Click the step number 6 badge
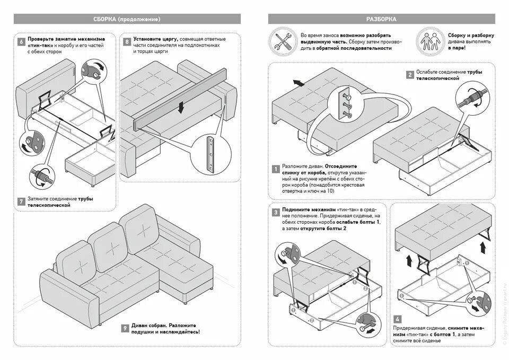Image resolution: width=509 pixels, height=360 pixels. coord(21,41)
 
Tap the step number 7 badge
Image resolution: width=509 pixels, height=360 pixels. coord(21,201)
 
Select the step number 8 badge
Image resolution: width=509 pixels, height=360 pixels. coord(127,41)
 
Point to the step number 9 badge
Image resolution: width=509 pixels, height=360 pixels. coord(125,329)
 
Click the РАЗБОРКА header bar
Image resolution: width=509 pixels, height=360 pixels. coord(381,19)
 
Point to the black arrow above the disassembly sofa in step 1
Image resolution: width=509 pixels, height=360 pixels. coord(297,83)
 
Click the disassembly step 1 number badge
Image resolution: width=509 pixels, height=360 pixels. coord(276,170)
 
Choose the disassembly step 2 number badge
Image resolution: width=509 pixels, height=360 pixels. coord(409,75)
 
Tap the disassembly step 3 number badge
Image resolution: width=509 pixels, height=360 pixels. coord(276,213)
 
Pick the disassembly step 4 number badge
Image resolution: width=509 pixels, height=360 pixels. coord(398,320)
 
